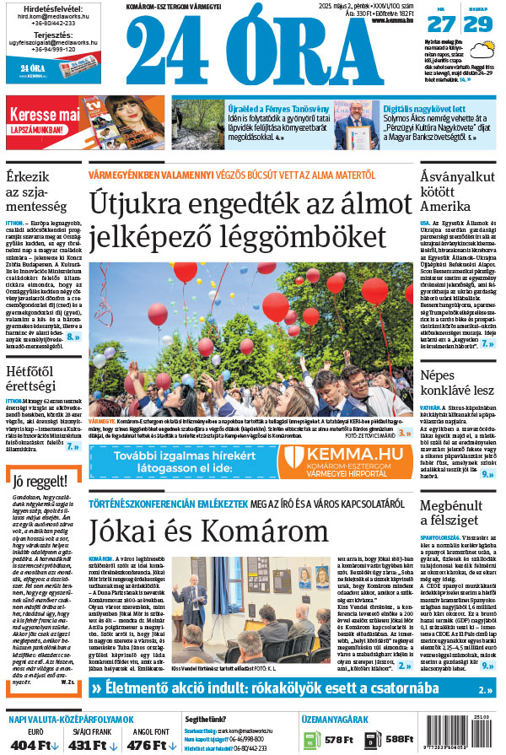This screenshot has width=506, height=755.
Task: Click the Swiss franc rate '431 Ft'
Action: pyautogui.click(x=93, y=745)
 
